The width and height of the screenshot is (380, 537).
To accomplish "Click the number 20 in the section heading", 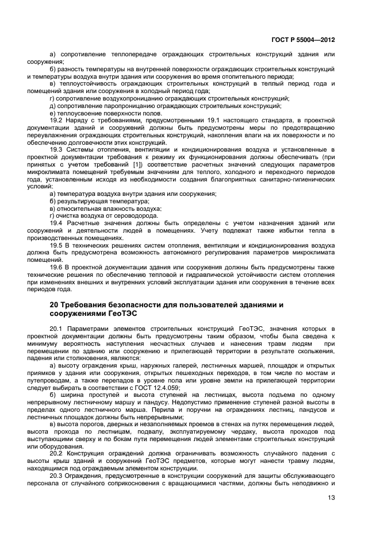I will coord(55,304).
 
